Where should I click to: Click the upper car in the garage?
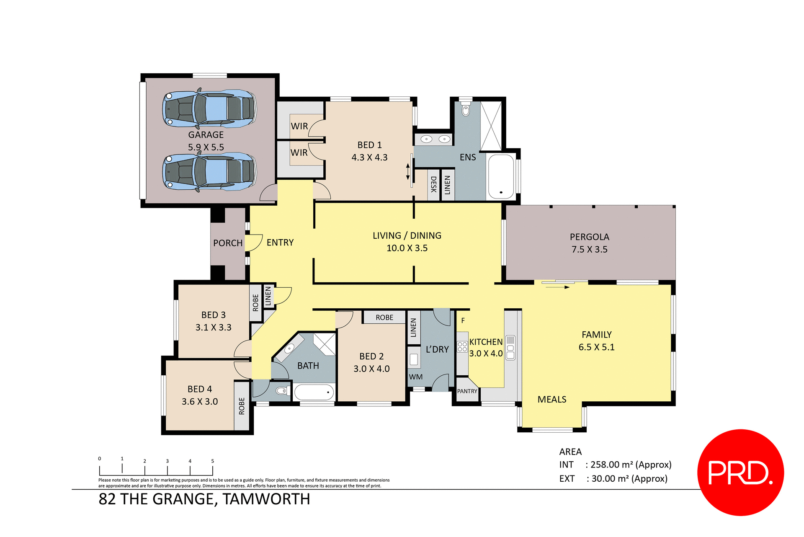[x=209, y=109]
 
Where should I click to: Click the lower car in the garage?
[x=209, y=172]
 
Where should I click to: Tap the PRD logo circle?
[x=740, y=472]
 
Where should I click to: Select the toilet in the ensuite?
[x=466, y=110]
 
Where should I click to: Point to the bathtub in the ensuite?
[x=501, y=176]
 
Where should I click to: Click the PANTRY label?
[x=467, y=391]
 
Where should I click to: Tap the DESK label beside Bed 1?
[x=434, y=184]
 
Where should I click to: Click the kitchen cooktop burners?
[x=462, y=347]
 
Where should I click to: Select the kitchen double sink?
[x=510, y=348]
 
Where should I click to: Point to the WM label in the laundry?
[x=415, y=377]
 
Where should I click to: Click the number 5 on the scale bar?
[x=212, y=461]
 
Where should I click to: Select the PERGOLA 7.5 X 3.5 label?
[x=589, y=243]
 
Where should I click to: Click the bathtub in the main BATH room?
[x=314, y=392]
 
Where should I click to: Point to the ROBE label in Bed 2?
[x=384, y=318]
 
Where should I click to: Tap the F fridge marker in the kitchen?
[x=463, y=321]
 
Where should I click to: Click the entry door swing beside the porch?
[x=253, y=243]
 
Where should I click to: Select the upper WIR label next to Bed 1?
[x=299, y=126]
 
